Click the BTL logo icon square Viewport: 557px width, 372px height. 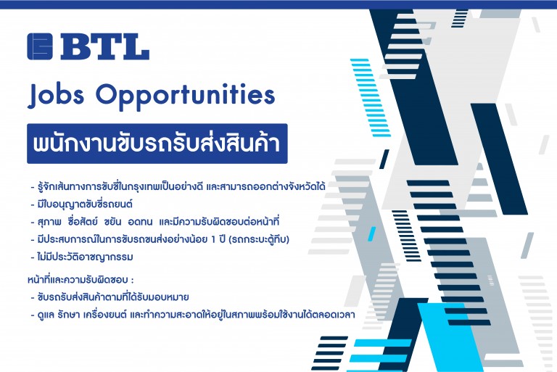40,46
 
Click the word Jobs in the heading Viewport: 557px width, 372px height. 56,95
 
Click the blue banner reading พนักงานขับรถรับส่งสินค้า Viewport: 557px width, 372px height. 157,144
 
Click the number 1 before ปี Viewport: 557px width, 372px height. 213,240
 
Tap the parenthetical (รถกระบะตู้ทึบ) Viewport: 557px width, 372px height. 260,239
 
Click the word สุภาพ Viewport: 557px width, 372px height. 49,222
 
